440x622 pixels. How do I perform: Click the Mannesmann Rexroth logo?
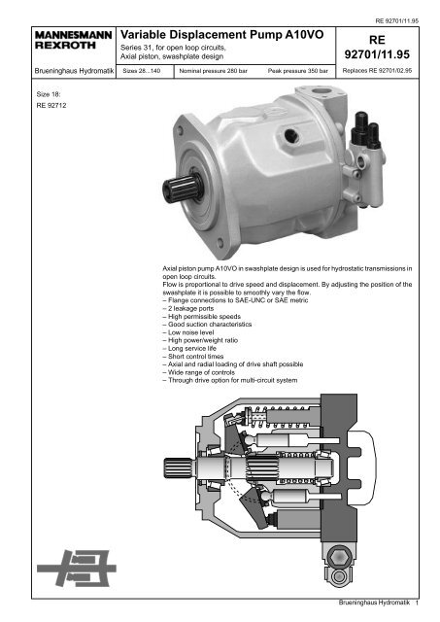click(74, 40)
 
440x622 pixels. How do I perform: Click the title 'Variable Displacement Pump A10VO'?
click(222, 35)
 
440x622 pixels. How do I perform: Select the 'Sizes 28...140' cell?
click(145, 71)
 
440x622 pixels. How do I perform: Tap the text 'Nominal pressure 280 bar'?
click(214, 71)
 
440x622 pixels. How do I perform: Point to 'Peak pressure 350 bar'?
click(297, 71)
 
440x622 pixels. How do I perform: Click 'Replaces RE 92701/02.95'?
click(377, 71)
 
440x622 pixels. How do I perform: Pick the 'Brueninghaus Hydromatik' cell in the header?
click(74, 71)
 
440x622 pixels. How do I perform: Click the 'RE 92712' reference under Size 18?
click(51, 106)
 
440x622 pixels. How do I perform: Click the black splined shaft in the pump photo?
click(183, 188)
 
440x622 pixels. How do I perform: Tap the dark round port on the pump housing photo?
click(290, 134)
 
